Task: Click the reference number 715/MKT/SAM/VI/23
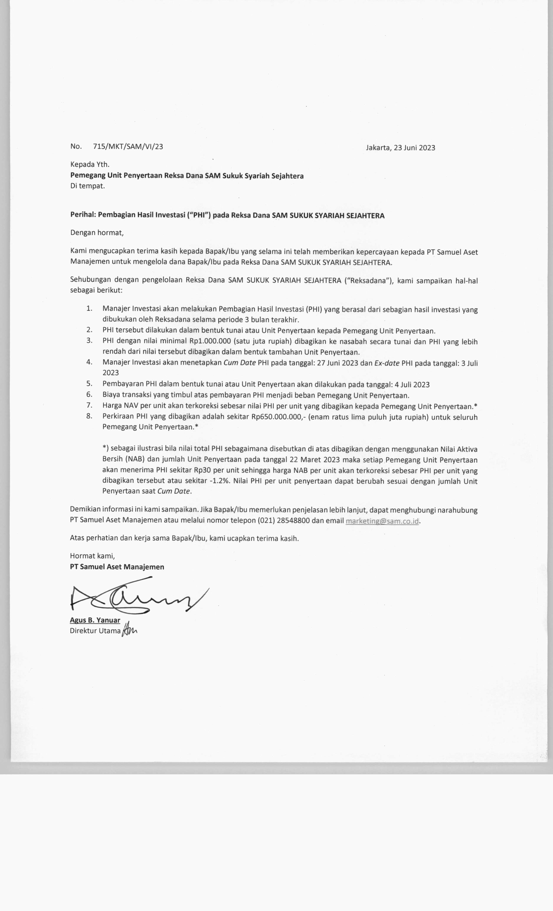tap(128, 146)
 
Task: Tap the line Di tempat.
tap(88, 186)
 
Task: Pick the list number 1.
tap(89, 308)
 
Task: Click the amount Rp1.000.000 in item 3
tap(210, 341)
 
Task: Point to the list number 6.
tap(89, 394)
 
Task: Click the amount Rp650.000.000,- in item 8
tap(277, 417)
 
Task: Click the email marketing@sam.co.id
tap(382, 521)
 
